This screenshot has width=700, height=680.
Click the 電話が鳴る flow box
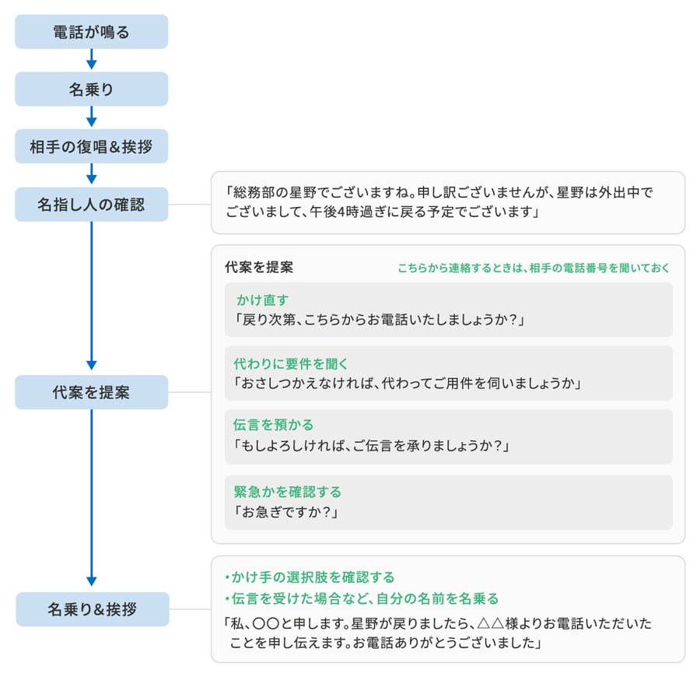click(92, 32)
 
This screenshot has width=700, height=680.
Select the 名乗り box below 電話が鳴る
click(92, 89)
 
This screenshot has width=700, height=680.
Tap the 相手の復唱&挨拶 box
click(92, 146)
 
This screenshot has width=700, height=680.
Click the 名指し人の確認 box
click(92, 205)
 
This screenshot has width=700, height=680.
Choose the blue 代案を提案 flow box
click(92, 392)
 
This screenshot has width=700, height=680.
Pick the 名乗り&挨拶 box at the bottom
click(93, 609)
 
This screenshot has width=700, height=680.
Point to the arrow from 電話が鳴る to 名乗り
click(92, 59)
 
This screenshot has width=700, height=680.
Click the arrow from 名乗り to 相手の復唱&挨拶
click(92, 117)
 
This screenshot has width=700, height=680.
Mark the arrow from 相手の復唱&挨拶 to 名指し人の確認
click(92, 174)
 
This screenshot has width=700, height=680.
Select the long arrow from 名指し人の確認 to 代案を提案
click(92, 296)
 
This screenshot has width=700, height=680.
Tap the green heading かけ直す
click(263, 300)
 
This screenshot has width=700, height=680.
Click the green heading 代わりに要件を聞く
click(291, 364)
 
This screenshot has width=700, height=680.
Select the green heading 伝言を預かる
click(273, 425)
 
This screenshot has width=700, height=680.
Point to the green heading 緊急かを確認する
click(288, 492)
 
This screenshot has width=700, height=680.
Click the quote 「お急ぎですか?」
click(285, 512)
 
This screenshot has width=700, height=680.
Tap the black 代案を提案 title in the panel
click(259, 267)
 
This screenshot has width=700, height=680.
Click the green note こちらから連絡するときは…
click(534, 268)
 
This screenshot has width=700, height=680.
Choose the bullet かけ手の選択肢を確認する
click(310, 577)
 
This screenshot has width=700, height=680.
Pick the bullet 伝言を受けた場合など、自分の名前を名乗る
click(362, 598)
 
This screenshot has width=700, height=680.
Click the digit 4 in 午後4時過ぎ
click(341, 212)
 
